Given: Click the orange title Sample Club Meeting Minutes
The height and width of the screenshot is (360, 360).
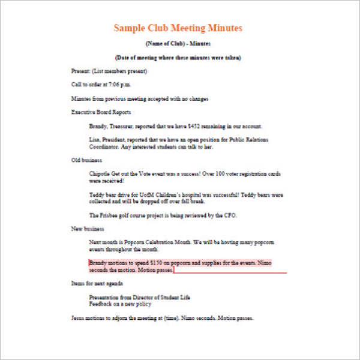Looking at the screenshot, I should tap(178, 28).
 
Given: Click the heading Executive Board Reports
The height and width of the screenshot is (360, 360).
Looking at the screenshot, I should tap(101, 112).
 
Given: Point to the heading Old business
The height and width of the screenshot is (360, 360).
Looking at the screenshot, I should tap(87, 160).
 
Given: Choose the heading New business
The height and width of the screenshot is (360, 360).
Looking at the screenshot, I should tap(88, 229).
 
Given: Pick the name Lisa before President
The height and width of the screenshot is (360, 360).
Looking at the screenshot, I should tap(94, 140).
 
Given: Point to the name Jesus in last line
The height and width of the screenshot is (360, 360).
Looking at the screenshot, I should tap(78, 317).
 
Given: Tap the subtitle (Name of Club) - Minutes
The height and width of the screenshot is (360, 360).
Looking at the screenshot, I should tap(178, 44).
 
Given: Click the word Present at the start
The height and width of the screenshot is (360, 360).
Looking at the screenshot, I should tap(79, 71).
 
